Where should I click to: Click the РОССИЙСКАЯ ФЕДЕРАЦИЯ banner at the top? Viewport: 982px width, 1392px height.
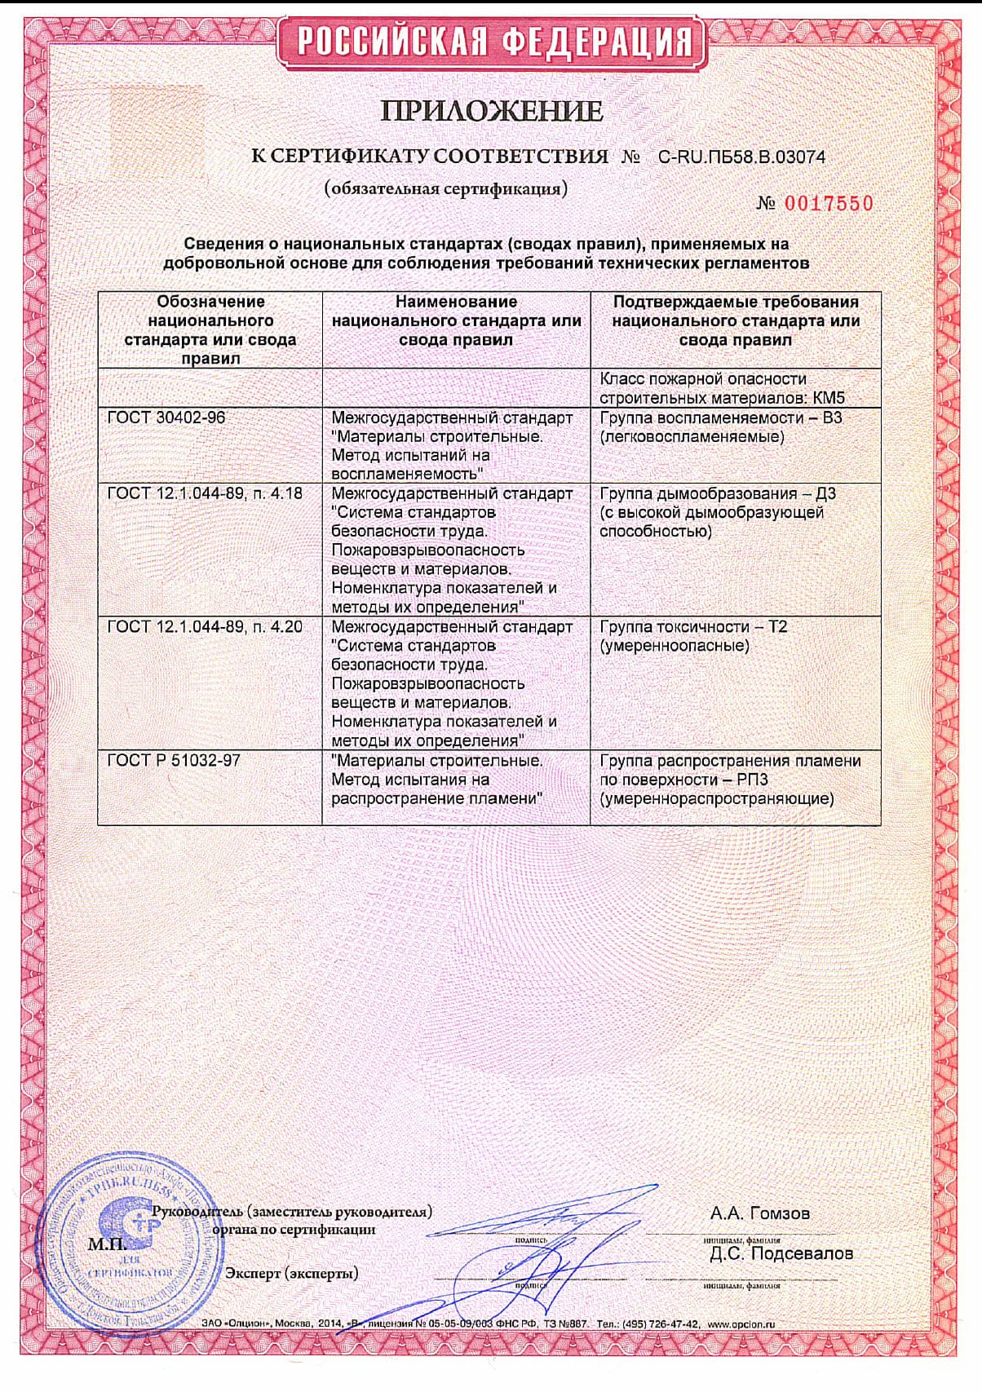click(490, 42)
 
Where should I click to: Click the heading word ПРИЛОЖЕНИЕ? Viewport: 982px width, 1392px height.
click(492, 111)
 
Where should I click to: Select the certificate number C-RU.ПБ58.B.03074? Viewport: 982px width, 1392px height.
click(741, 157)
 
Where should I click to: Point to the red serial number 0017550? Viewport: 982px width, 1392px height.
click(828, 204)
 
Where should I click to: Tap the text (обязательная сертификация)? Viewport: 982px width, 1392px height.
click(445, 189)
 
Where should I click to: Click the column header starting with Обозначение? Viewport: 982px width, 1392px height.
click(210, 329)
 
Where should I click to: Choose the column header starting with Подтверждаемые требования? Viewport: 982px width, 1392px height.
click(736, 320)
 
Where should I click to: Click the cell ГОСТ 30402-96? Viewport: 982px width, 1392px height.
click(166, 418)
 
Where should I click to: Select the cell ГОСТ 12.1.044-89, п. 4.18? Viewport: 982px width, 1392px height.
click(205, 493)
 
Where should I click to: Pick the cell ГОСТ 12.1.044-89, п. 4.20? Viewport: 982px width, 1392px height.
click(205, 627)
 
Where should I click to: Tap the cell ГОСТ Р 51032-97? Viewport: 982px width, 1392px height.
click(174, 761)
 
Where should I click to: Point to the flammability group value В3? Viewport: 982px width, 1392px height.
click(831, 418)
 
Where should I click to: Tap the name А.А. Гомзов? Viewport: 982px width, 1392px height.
click(760, 1213)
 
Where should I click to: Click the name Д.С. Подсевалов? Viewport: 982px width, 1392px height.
click(781, 1253)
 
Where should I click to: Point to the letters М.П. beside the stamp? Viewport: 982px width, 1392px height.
click(107, 1245)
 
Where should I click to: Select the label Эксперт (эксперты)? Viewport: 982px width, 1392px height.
click(291, 1273)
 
